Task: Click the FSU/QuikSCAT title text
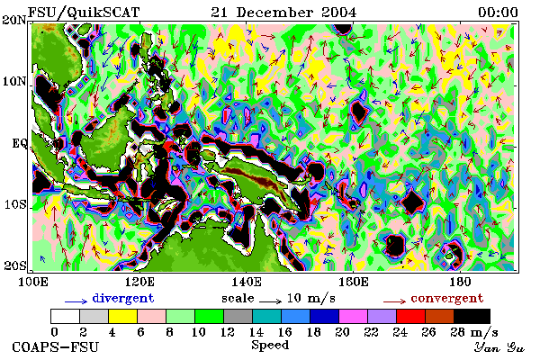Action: coord(84,13)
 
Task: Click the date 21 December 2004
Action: coord(283,13)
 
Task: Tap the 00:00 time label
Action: coord(498,13)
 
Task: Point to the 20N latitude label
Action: coord(14,20)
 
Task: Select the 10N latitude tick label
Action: coord(14,82)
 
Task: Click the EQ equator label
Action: coord(20,143)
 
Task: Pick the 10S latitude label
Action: coord(14,204)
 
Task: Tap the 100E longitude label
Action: coord(32,282)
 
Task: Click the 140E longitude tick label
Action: coord(246,282)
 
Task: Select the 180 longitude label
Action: coord(460,282)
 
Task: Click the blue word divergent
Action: coord(123,299)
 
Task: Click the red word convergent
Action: coord(447,299)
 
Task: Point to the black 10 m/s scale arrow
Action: coord(271,301)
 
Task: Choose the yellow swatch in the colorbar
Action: coord(123,316)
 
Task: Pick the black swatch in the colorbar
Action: coord(472,316)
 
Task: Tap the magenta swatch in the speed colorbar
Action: coord(354,316)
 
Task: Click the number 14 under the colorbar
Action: coord(256,332)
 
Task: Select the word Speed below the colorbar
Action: coord(270,346)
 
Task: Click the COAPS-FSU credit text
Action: coord(56,346)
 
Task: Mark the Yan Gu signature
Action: coord(499,347)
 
